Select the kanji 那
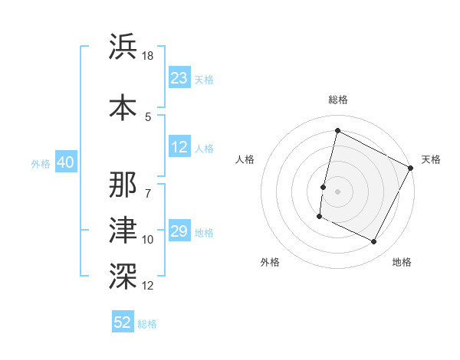(124, 184)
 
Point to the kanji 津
(124, 229)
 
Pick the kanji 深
(124, 273)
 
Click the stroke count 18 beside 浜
(149, 57)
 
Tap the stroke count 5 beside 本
(148, 116)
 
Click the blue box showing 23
(179, 78)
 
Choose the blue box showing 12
(179, 147)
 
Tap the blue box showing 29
(179, 231)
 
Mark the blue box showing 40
(65, 162)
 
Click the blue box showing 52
(123, 322)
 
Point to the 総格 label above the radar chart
(337, 100)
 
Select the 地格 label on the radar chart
(402, 262)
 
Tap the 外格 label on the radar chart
(270, 262)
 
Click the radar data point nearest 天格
(411, 168)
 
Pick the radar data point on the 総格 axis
(337, 131)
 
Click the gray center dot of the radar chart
(337, 191)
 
